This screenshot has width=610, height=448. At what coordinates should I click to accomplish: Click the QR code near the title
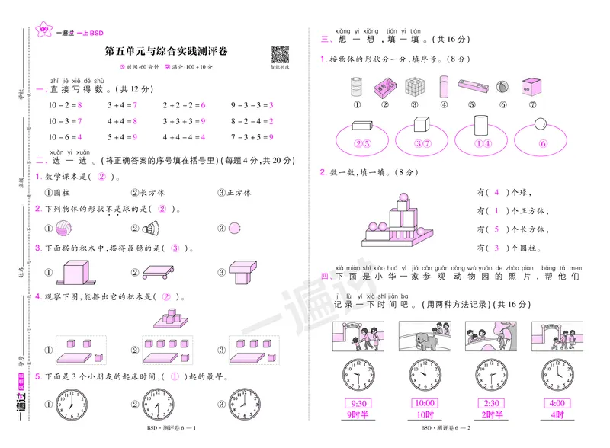[x=281, y=54]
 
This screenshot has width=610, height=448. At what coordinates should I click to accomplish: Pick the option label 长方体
[x=153, y=193]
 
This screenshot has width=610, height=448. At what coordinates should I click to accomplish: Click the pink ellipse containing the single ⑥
[x=542, y=142]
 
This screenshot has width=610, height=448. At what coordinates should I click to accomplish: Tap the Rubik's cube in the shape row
[x=413, y=88]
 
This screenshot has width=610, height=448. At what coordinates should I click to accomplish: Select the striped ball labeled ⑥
[x=503, y=88]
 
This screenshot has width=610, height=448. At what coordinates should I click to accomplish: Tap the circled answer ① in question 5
[x=175, y=376]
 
